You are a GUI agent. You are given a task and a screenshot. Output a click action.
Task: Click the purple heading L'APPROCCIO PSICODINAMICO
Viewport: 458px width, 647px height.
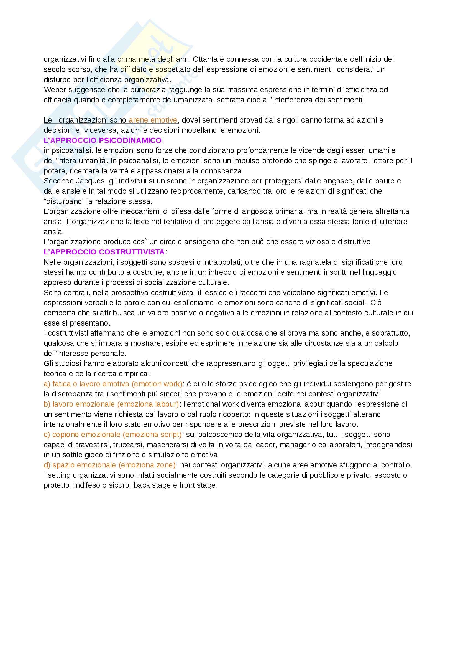pos(103,140)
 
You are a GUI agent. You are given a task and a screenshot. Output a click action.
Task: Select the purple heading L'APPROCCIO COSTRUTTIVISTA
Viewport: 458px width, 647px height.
pos(104,252)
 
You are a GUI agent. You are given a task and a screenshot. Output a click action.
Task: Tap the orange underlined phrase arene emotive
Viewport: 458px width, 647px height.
pos(153,120)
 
